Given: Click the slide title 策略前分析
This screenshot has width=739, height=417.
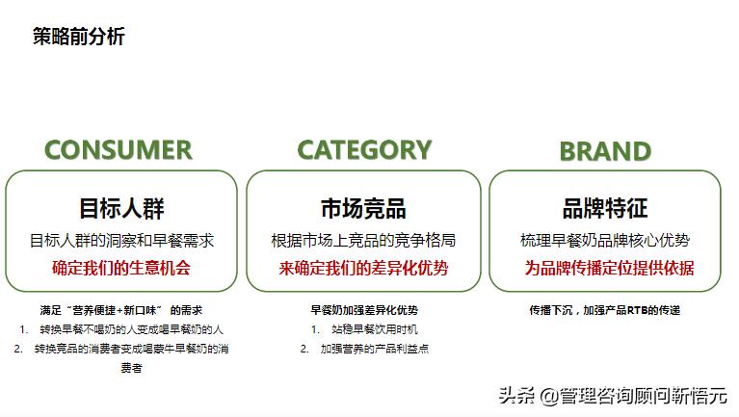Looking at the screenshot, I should [x=78, y=38].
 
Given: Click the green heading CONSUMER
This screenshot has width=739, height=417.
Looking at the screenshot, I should [x=119, y=150].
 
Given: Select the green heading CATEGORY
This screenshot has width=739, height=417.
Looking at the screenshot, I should [x=363, y=150].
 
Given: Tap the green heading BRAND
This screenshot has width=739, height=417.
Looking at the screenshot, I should [x=605, y=151].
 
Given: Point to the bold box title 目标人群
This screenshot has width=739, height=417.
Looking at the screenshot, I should [x=121, y=208].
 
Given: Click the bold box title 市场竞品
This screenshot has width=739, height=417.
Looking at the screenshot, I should [x=363, y=208].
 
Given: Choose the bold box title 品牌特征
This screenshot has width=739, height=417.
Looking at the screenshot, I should [x=605, y=208].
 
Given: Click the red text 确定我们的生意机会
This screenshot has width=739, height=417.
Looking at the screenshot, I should [x=121, y=268].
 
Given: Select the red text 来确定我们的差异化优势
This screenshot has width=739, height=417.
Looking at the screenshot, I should [x=363, y=268].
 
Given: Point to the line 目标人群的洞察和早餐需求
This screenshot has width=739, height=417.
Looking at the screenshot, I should [x=121, y=240].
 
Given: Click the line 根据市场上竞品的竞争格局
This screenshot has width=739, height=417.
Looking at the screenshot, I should [x=363, y=240].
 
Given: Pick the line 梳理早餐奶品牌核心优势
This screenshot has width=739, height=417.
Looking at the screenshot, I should [x=605, y=240].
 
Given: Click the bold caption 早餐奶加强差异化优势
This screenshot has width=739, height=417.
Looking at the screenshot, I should [x=363, y=310].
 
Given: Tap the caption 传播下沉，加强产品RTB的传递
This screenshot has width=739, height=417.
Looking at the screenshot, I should [x=604, y=310].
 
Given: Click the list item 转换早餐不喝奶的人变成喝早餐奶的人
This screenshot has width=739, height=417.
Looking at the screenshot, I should [x=131, y=329].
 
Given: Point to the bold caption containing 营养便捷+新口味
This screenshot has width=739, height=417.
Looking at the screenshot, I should [x=121, y=310].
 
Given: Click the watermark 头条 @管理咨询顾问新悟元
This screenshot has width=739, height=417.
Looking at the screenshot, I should [x=613, y=395].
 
